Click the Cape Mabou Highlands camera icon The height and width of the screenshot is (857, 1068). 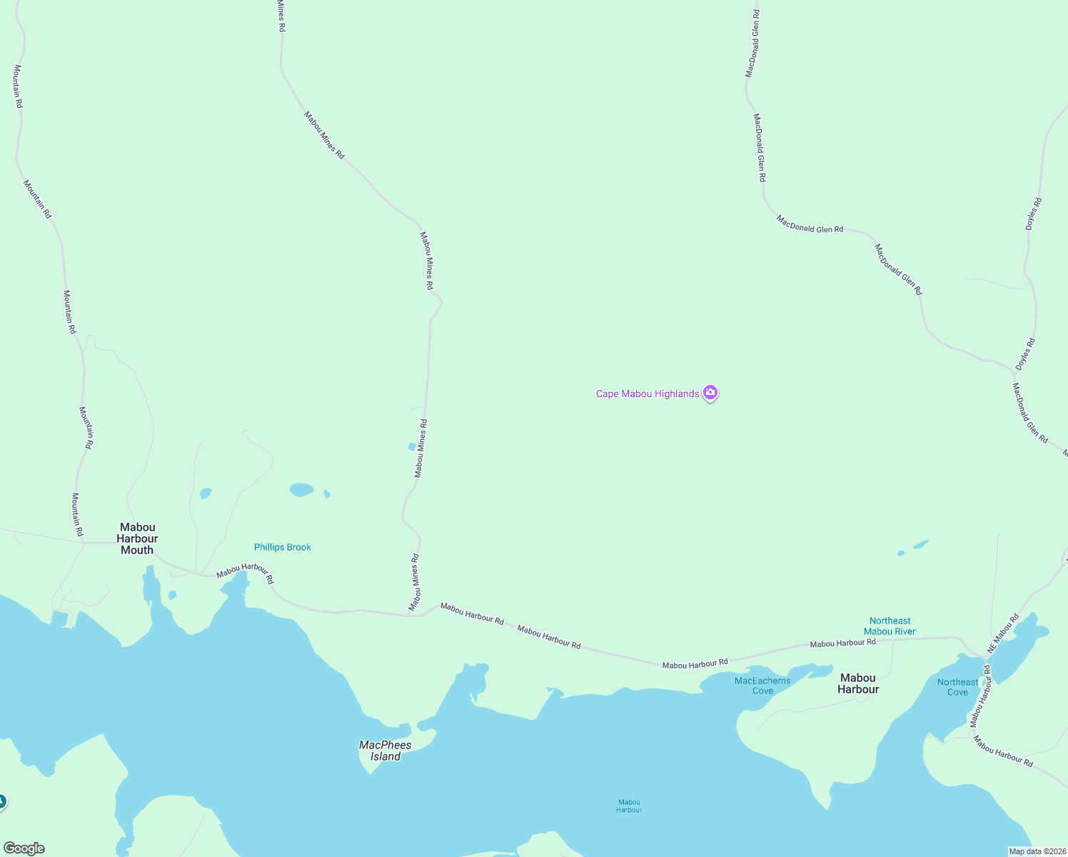pyautogui.click(x=710, y=393)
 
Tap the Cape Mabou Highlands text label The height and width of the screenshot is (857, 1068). pyautogui.click(x=648, y=394)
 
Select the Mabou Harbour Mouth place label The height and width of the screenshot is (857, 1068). pyautogui.click(x=137, y=538)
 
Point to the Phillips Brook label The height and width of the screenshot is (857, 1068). pyautogui.click(x=283, y=547)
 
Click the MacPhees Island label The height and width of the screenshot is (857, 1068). pyautogui.click(x=386, y=751)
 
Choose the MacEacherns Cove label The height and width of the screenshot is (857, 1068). pyautogui.click(x=762, y=686)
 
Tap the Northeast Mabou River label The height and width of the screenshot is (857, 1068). pyautogui.click(x=890, y=626)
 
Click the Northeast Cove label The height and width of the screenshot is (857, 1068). pyautogui.click(x=957, y=687)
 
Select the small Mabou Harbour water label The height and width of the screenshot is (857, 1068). pyautogui.click(x=629, y=806)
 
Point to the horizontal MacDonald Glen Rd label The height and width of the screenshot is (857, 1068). pyautogui.click(x=810, y=225)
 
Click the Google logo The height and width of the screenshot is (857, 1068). pyautogui.click(x=24, y=848)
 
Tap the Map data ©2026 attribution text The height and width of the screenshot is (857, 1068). pyautogui.click(x=1037, y=851)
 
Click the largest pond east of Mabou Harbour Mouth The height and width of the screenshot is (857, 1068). pyautogui.click(x=301, y=489)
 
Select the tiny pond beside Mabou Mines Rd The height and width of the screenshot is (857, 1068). pyautogui.click(x=411, y=447)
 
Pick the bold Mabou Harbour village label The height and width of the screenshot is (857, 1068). pyautogui.click(x=858, y=683)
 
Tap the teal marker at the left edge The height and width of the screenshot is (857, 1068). pyautogui.click(x=2, y=803)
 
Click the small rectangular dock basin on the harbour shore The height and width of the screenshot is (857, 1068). pyautogui.click(x=59, y=618)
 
